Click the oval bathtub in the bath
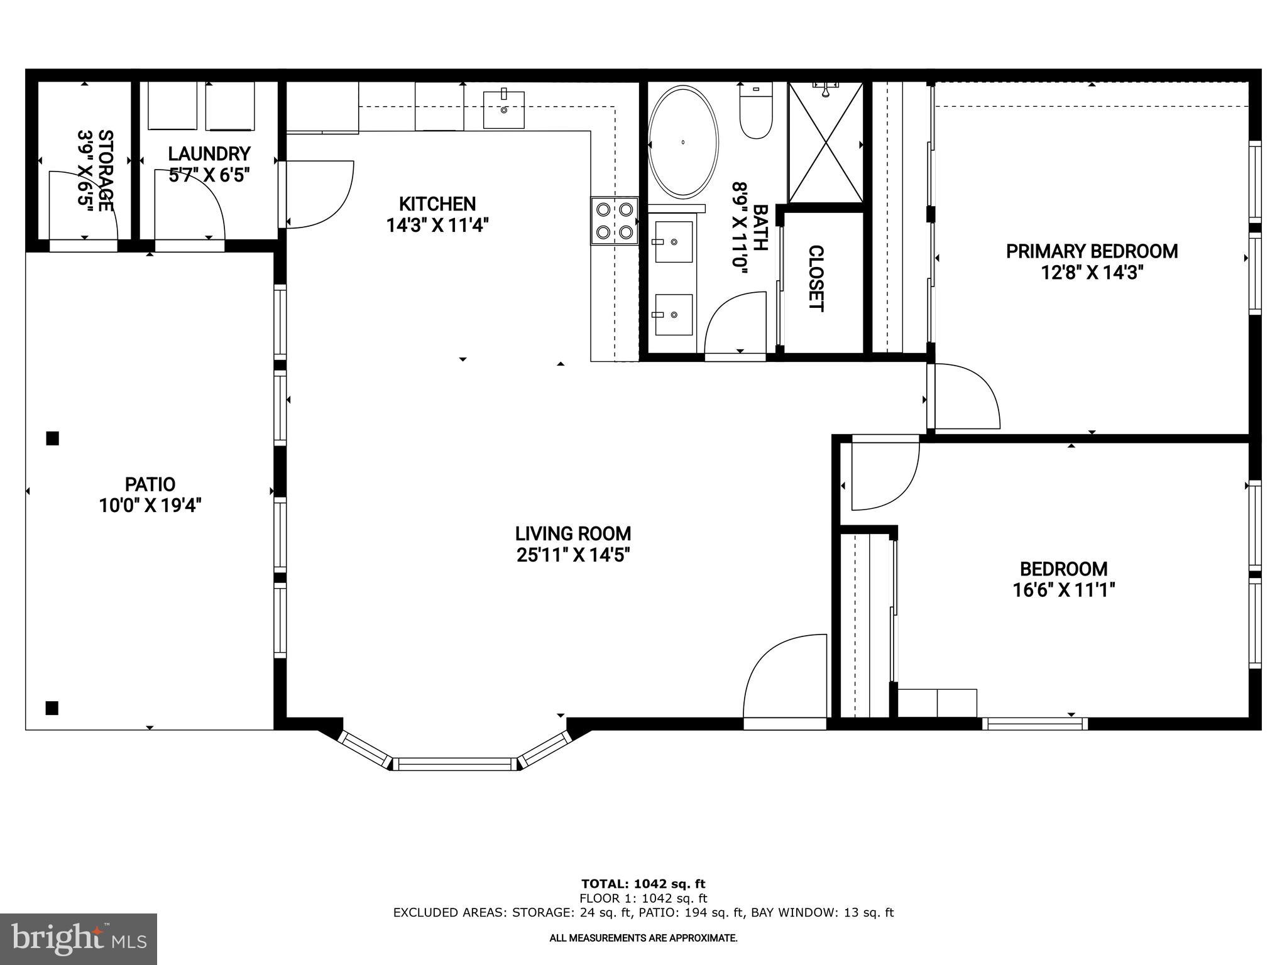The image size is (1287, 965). (683, 143)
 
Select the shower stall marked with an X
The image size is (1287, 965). (826, 144)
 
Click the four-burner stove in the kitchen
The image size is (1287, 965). (615, 221)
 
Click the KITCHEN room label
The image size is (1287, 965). (437, 204)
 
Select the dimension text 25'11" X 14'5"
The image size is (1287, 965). (572, 555)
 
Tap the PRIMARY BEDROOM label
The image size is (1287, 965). (1092, 251)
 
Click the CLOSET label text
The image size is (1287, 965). (815, 278)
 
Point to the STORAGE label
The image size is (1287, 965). (106, 170)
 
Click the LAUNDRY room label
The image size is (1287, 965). (209, 154)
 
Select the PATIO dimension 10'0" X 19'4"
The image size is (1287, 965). (150, 506)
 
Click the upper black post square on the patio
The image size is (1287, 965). (53, 439)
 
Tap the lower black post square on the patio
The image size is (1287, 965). (52, 708)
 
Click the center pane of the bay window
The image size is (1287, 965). (455, 764)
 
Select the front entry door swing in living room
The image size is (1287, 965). (786, 679)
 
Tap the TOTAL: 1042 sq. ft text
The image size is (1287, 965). (643, 885)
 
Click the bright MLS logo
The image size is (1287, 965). (78, 939)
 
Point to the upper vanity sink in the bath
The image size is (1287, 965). (673, 241)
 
